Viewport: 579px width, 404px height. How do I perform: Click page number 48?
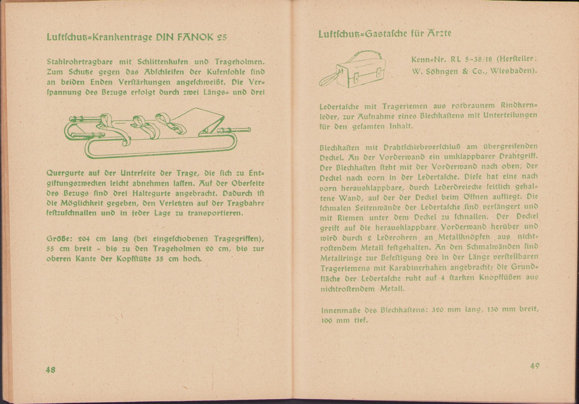coord(51,370)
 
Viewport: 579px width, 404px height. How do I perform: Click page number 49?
coord(535,366)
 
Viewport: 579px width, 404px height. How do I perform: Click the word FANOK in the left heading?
coord(194,37)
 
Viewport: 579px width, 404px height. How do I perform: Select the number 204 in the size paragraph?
coord(84,239)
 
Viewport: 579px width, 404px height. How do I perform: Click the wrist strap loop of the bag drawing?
coord(328,80)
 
